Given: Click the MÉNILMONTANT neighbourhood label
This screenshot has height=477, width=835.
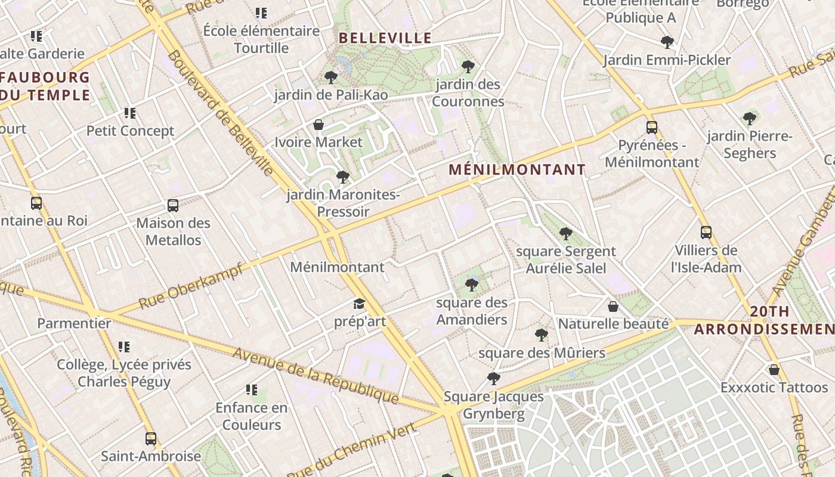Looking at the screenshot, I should (517, 169).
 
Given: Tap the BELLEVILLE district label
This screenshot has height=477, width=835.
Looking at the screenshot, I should (385, 38).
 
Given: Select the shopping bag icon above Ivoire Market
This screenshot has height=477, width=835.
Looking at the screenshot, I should (318, 125).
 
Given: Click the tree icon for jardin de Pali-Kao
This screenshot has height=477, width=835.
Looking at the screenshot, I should (330, 77).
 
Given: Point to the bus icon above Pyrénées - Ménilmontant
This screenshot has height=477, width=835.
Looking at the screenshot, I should (651, 127).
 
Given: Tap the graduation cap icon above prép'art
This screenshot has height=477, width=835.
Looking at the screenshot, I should (359, 304).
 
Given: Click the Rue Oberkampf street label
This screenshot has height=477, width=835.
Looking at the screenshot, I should (191, 287).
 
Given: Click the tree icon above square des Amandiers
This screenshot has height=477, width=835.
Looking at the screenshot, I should (471, 284).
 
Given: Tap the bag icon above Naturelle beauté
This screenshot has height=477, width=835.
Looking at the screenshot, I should (613, 306).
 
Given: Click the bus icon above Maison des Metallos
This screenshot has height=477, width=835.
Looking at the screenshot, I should (173, 206).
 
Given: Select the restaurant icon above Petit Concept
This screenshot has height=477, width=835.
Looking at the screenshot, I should (129, 113).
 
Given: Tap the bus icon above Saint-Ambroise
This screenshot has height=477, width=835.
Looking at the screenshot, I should (151, 439).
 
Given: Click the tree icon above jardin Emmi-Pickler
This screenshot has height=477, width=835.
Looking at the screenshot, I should (667, 42).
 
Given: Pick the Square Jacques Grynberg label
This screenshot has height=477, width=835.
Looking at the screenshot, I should (494, 405).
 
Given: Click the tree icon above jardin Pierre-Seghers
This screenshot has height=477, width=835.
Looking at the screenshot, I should (749, 119).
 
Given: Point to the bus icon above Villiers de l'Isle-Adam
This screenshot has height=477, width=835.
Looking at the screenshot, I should (706, 233).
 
